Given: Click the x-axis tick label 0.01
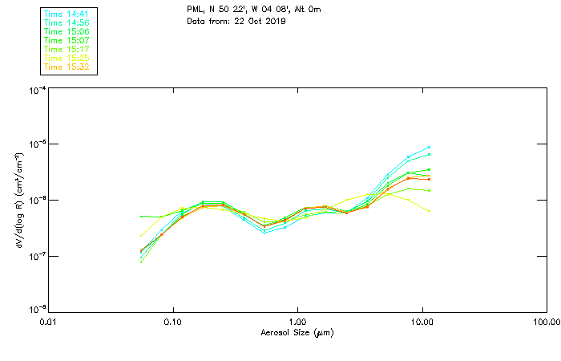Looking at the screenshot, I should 48,322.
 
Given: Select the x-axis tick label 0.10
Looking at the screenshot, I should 172,322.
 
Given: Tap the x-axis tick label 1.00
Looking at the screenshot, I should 297,322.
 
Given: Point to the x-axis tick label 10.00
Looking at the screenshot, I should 422,322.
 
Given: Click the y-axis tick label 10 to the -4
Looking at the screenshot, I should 36,90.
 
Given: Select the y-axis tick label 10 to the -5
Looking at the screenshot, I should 36,144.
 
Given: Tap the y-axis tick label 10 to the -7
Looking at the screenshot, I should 36,255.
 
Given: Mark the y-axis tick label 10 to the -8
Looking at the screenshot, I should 36,310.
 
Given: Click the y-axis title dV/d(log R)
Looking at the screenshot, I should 18,200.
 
